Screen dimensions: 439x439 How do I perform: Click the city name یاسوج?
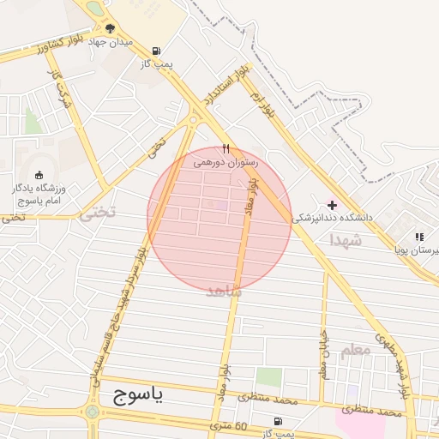tap(142, 396)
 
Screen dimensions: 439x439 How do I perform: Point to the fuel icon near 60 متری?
tap(277, 421)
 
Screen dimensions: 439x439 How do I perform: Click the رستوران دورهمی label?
tap(226, 161)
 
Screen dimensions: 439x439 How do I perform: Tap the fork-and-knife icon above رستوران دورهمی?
tap(226, 148)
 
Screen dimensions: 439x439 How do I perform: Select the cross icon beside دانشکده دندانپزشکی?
tap(332, 205)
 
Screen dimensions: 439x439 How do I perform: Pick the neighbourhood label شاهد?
tap(225, 292)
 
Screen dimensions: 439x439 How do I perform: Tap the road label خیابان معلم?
tap(323, 355)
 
